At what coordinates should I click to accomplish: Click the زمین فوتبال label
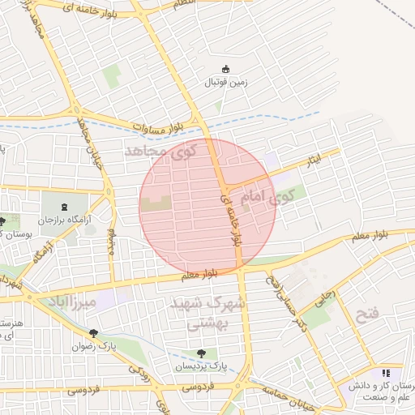[226, 83]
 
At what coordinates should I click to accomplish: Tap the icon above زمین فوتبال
[226, 70]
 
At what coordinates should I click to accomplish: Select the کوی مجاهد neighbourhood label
[161, 150]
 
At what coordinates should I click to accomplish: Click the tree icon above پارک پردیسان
[201, 353]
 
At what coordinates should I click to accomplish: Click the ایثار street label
[310, 157]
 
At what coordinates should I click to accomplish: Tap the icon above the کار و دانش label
[386, 373]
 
